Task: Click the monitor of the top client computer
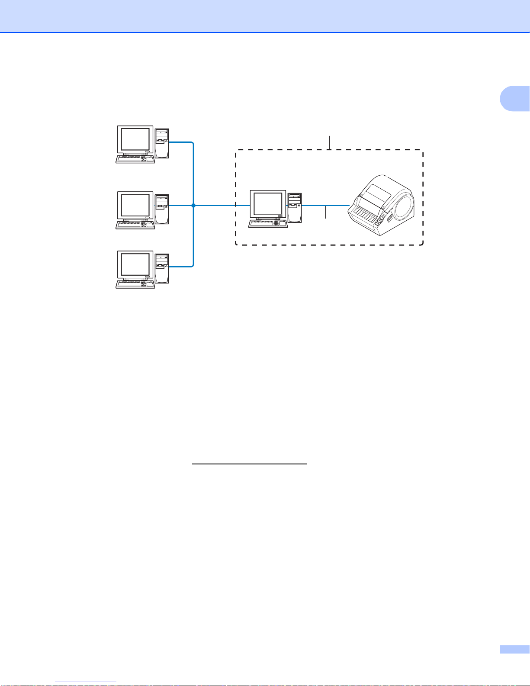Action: click(x=135, y=140)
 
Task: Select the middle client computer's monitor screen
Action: click(x=135, y=206)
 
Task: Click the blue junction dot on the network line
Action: click(x=193, y=206)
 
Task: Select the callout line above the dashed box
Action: click(x=330, y=142)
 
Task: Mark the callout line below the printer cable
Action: click(x=325, y=213)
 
